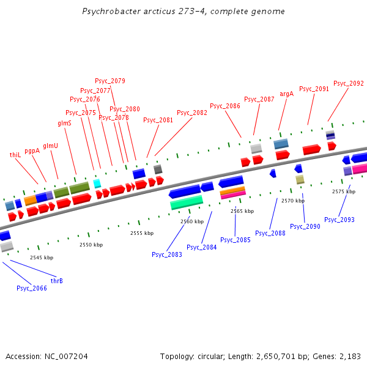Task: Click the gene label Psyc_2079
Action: coord(110,81)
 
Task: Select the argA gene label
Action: coord(286,94)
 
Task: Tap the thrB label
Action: coord(57,281)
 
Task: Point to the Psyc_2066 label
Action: coord(32,288)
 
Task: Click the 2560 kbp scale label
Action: coord(192,221)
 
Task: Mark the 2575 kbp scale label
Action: coord(344,191)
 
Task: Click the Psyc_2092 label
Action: coord(349,83)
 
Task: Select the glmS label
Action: coord(64,123)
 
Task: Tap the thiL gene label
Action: coord(15,155)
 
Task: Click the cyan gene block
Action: coord(97,183)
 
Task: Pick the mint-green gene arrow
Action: coord(187,202)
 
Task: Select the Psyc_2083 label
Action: coord(167,254)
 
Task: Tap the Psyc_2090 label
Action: coord(305,226)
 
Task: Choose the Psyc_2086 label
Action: coord(225,106)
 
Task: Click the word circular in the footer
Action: coord(216,356)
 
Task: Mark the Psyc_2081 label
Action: coord(158,120)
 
